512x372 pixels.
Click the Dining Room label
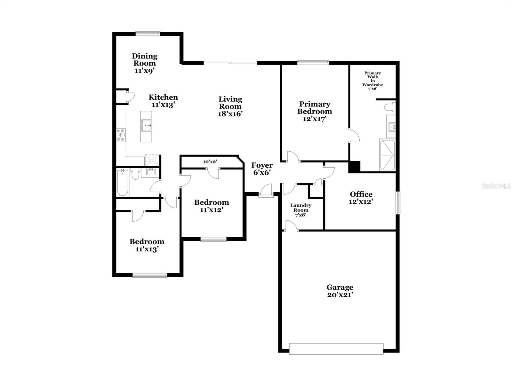(x=144, y=60)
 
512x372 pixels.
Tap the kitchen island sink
(x=146, y=126)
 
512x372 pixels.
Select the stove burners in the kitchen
(x=121, y=135)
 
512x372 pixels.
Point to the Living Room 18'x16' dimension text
(x=230, y=114)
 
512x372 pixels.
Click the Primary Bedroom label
(x=315, y=108)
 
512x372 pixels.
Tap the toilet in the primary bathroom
(x=390, y=107)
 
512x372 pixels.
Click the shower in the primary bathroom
(x=387, y=155)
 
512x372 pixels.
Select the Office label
(x=361, y=194)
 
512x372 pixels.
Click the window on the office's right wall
(x=398, y=202)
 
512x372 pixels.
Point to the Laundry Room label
(x=301, y=208)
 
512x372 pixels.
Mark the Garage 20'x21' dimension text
(x=340, y=295)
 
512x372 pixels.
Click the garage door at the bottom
(x=336, y=349)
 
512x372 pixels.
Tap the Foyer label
(x=262, y=165)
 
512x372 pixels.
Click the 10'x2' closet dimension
(x=210, y=162)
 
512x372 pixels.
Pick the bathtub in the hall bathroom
(x=122, y=183)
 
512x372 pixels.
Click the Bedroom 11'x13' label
(x=147, y=245)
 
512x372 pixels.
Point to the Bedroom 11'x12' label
(x=212, y=206)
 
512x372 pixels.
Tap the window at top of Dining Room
(x=148, y=33)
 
